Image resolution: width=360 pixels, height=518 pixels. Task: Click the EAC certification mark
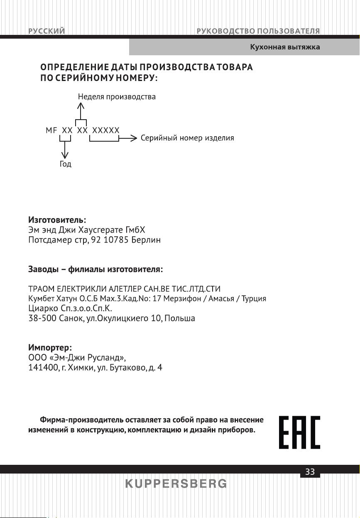(299, 432)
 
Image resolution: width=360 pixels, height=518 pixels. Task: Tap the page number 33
(310, 472)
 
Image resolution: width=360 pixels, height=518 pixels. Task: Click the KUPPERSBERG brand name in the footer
(176, 484)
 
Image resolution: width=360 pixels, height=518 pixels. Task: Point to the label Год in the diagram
(65, 164)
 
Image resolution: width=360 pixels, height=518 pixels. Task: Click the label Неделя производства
(117, 97)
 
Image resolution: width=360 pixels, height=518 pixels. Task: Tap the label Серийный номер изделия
(187, 138)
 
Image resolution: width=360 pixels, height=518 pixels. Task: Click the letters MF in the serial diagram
(51, 130)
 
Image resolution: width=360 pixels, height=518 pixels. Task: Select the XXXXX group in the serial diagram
(106, 130)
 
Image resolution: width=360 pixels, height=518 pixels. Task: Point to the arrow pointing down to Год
(65, 150)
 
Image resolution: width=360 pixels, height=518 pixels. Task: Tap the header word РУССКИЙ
(46, 31)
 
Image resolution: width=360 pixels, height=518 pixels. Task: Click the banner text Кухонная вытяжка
(285, 47)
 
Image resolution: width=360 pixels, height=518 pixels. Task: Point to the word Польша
(180, 319)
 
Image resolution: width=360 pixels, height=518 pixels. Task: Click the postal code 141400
(42, 368)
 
